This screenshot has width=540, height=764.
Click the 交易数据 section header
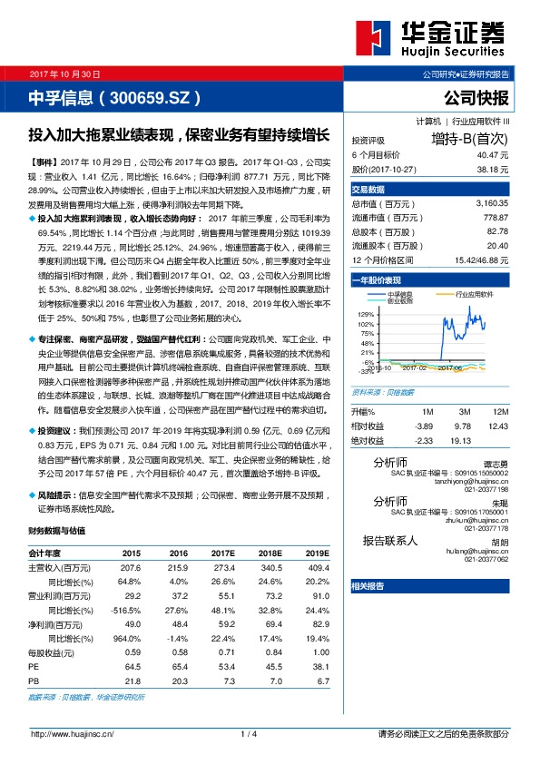click(368, 189)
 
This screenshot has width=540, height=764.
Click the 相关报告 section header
click(368, 586)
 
